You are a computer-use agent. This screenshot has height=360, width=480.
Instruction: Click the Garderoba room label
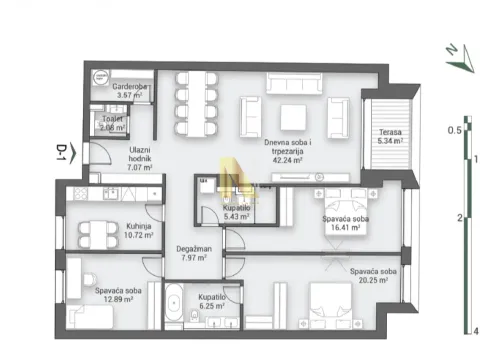point(130,91)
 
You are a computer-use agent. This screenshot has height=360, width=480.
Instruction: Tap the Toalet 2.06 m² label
point(112,123)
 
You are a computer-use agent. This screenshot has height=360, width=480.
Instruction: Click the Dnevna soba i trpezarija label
point(290,150)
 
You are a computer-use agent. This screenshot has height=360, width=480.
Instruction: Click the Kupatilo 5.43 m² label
point(236,211)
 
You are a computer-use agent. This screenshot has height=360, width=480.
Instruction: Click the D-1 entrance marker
point(62,154)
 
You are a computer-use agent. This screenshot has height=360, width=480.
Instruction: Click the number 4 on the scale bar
point(477,331)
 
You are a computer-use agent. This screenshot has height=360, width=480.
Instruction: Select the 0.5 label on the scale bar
point(453,130)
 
